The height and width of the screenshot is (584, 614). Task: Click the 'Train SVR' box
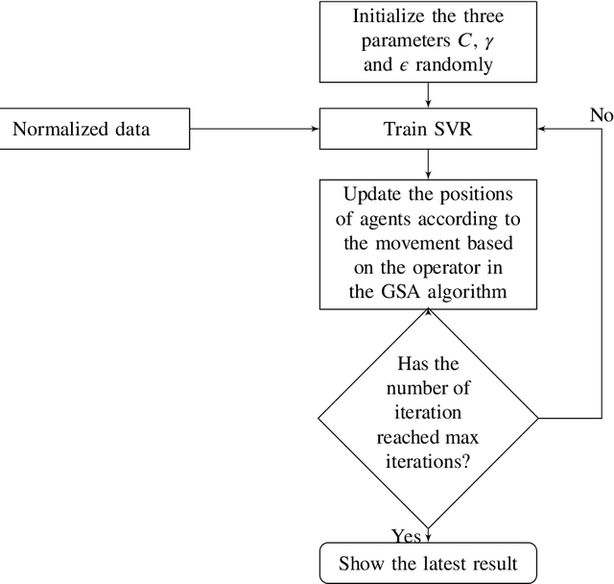[x=427, y=129]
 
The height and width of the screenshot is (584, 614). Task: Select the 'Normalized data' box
[x=82, y=129]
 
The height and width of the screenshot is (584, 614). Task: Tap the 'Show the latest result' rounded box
[x=427, y=564]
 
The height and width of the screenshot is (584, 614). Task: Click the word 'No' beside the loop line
[x=602, y=115]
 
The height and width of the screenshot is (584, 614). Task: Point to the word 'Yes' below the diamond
[x=406, y=534]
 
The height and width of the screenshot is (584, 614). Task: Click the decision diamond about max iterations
[x=427, y=418]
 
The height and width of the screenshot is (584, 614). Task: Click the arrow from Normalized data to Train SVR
[x=240, y=129]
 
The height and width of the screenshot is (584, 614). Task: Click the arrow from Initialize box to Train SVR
[x=427, y=96]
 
